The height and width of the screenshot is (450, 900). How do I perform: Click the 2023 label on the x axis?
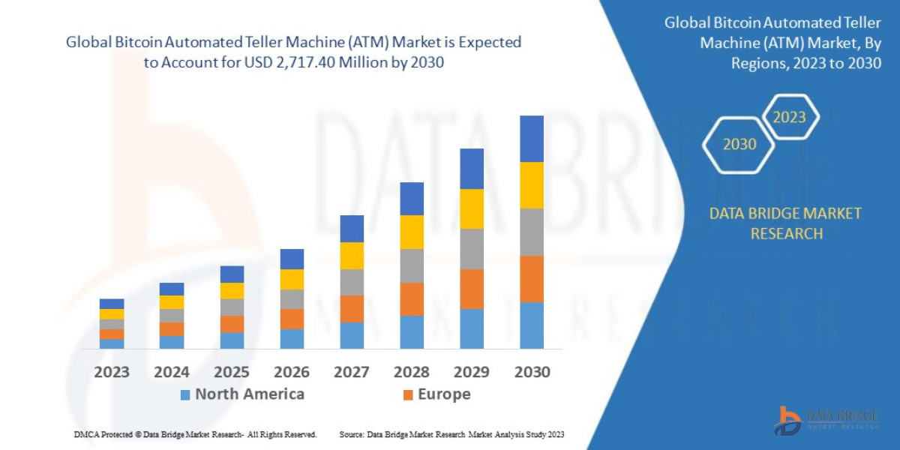pos(111,371)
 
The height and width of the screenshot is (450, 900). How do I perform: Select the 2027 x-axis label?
pos(351,371)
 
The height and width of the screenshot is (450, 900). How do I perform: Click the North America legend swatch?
pos(185,394)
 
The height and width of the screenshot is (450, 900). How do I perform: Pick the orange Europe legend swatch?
pos(408,394)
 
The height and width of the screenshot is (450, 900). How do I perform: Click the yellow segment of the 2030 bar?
pos(531,185)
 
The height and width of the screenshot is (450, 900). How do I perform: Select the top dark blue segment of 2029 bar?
pos(471,169)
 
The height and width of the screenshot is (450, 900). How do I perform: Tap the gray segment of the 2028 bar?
pos(412,265)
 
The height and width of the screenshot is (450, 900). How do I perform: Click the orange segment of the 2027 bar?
pos(352,309)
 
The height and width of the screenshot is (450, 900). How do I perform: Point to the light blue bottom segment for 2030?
pos(531,325)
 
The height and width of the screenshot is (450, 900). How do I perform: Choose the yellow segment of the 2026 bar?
pos(292,279)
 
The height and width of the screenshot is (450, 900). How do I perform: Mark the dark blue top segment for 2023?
pos(112,304)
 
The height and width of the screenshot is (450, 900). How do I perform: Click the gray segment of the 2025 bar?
pos(232,307)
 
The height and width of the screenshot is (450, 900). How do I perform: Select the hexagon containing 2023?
pos(789,117)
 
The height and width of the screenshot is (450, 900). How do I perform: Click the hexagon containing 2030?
pos(739,144)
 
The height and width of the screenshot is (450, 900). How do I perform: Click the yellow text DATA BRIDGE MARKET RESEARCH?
pos(785,223)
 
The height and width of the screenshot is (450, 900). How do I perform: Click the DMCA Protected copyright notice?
pos(195,434)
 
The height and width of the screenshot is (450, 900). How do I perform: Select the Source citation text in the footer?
pos(451,434)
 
